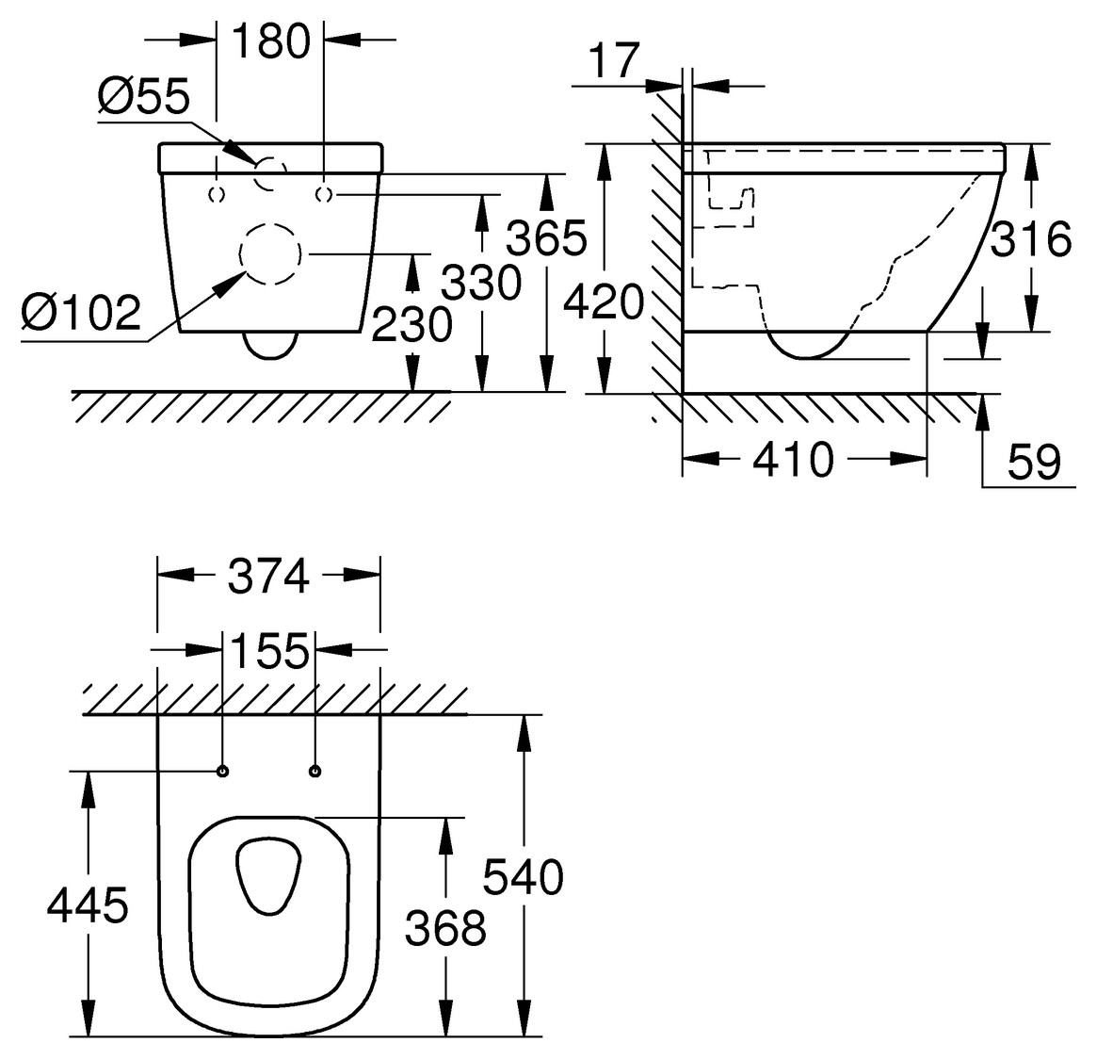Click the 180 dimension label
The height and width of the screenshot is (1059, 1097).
pos(270,41)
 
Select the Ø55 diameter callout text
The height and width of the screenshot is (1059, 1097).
pos(144,96)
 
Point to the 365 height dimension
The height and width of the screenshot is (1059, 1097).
pos(546,240)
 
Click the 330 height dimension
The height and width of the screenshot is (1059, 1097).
pos(480,282)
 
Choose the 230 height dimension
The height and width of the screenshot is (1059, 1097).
pos(411,325)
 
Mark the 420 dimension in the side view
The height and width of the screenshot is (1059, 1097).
pos(604,303)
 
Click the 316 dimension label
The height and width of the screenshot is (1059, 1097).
pos(1032,239)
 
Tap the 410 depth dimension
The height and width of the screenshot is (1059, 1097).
pos(793,460)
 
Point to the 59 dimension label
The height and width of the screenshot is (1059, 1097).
pos(1034,463)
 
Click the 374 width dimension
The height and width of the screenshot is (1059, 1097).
pos(268,577)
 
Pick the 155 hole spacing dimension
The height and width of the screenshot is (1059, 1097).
pos(268,650)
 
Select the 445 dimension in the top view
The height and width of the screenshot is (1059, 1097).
pos(88,906)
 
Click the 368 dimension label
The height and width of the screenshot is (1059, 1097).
pos(445,929)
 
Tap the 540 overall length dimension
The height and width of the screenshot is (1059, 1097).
pos(523,877)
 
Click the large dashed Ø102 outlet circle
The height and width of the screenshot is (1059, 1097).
pos(270,254)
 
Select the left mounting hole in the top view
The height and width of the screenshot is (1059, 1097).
pos(222,772)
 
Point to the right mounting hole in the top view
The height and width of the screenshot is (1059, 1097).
pos(315,772)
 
